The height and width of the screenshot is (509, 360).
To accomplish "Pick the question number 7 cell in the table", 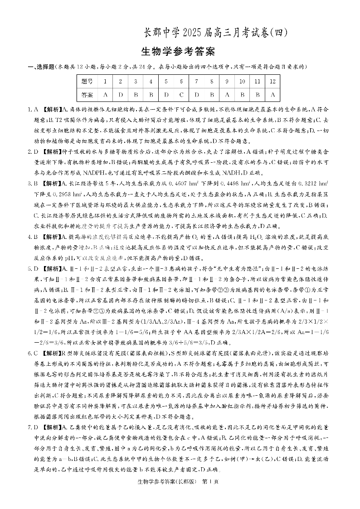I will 196,82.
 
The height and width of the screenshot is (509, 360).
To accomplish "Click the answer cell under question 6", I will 181,95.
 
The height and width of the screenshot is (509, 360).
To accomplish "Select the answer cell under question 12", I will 272,95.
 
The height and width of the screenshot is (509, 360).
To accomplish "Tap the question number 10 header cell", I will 242,82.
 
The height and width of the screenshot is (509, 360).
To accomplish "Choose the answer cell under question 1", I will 105,95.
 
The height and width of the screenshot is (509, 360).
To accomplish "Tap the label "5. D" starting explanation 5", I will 33,256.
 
